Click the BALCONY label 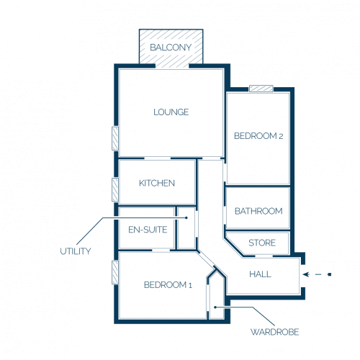(171, 48)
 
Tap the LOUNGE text (171, 112)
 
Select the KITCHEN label (157, 183)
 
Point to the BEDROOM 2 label (258, 136)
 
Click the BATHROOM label (258, 211)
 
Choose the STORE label (262, 243)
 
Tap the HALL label (261, 274)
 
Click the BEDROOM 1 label (168, 285)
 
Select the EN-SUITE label (148, 230)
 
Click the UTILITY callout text (76, 251)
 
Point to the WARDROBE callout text (274, 332)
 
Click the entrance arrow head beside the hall (306, 274)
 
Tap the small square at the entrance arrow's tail (330, 274)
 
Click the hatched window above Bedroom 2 (261, 89)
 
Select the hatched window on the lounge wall (115, 138)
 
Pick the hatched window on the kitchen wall (115, 189)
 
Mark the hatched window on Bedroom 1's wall (115, 272)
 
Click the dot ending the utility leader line (186, 217)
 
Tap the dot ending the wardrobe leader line (215, 307)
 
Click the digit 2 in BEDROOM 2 (281, 136)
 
